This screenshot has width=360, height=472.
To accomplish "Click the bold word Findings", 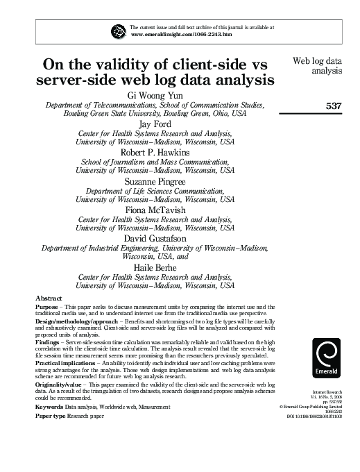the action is click(x=48, y=342).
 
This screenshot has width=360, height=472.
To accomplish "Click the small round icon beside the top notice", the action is click(x=118, y=30).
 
